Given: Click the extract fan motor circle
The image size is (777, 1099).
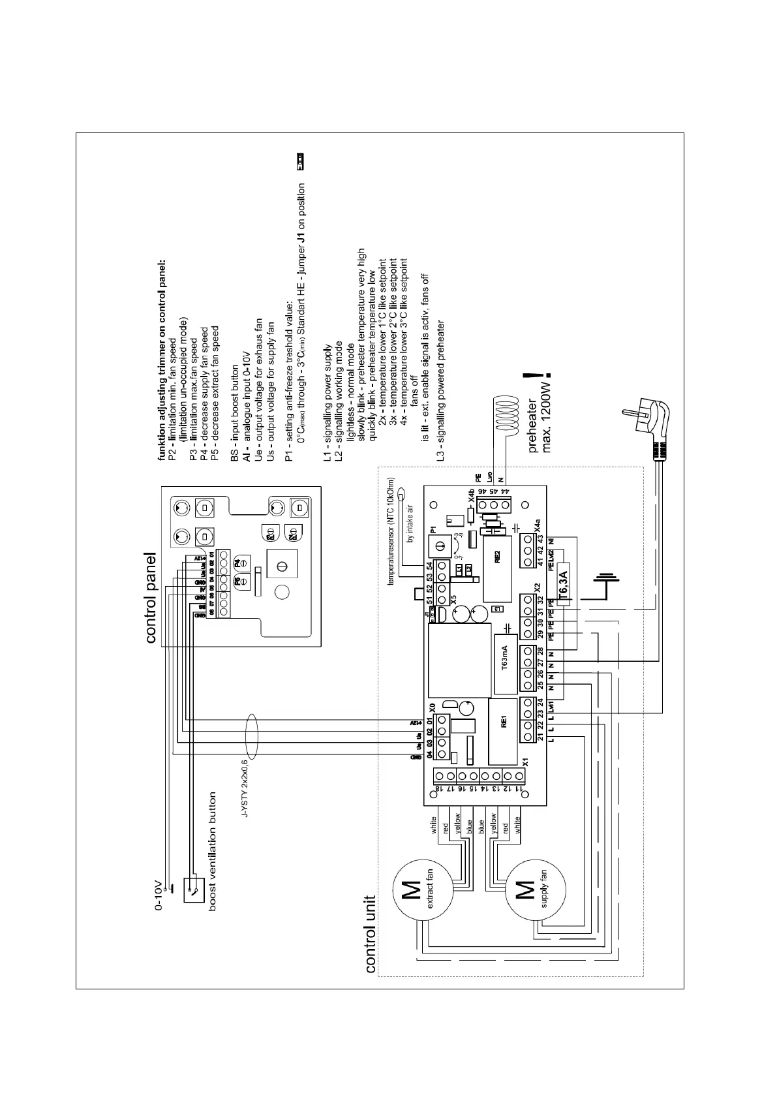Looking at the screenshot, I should [x=421, y=891].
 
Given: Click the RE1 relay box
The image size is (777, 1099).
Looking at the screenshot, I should [x=503, y=730].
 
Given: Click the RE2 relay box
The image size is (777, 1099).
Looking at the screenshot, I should [x=496, y=565].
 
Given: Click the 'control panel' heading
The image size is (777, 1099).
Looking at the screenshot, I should [x=151, y=598].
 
